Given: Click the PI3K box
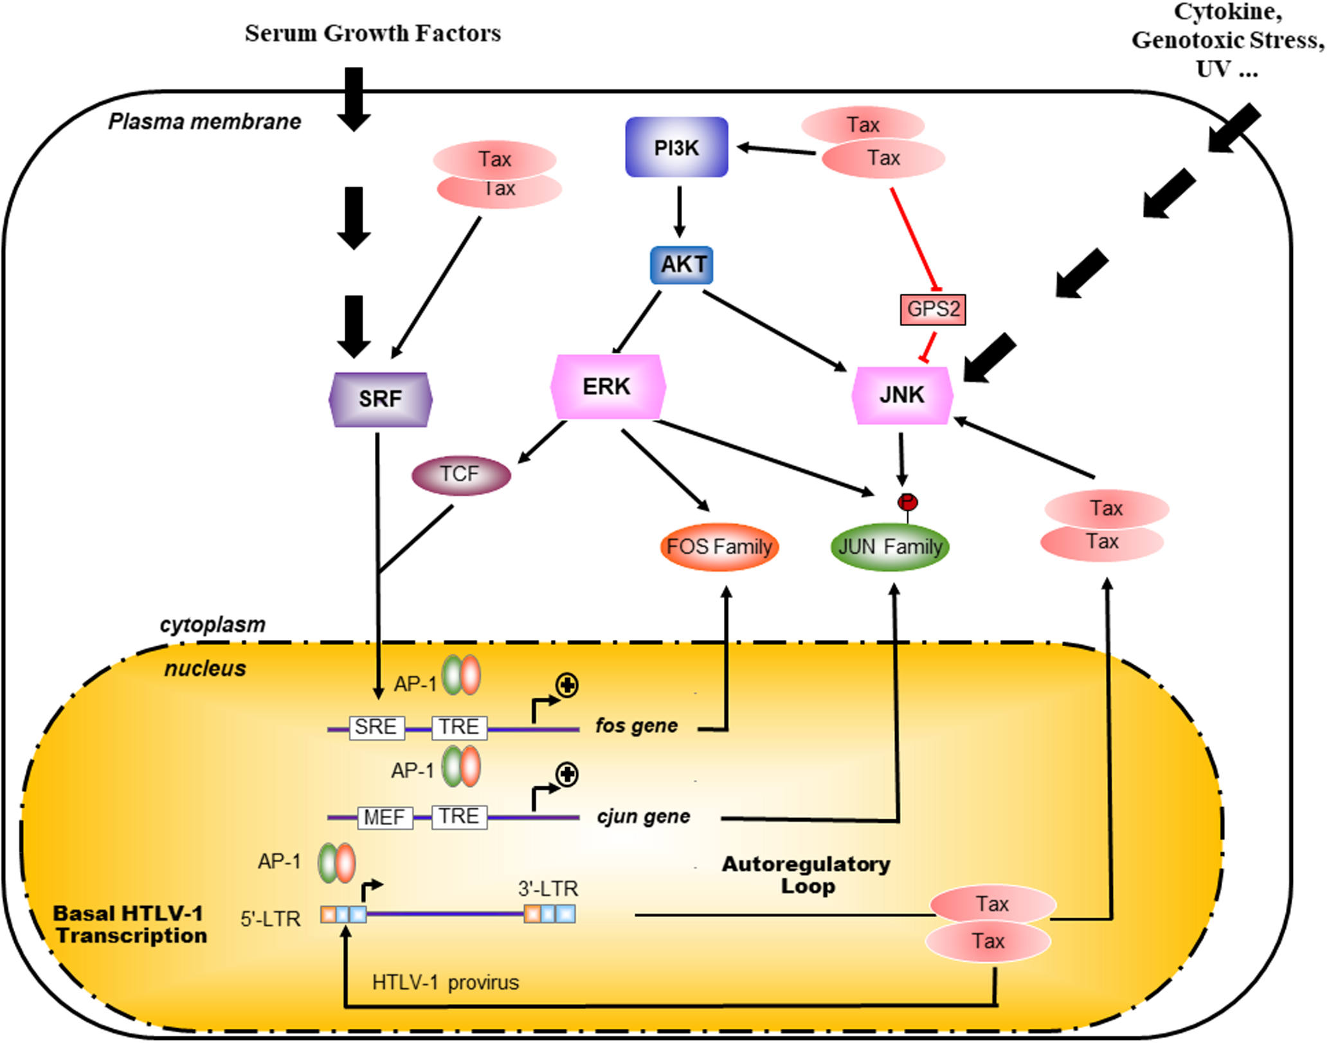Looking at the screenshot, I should coord(676,147).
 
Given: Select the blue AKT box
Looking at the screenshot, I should coord(682,264).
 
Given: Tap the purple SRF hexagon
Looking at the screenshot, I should coord(380,399).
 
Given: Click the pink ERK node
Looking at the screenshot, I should coord(608,386).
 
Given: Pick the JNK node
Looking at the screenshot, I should coord(901,394).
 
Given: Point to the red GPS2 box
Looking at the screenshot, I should coord(932,309).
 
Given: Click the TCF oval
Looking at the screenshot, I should coord(461,475).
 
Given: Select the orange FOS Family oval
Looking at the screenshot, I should coord(719,547).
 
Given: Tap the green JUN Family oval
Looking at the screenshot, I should coord(890,547).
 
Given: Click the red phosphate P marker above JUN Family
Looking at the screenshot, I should coord(907,501).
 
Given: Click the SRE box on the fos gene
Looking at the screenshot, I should coord(377,727).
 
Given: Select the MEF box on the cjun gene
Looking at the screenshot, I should coord(384,817).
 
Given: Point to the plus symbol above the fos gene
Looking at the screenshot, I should coord(567,685).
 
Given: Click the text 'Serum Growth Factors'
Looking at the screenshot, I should coord(372,33).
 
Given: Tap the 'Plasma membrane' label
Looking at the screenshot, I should coord(204,122).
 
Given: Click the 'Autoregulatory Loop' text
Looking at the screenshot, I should coord(806,875).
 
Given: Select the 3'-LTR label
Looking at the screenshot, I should coord(548,889).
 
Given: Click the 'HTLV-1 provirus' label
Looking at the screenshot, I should coord(445,983).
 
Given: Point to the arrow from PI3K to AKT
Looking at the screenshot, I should coord(679,212).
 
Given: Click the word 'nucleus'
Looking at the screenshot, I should coord(205,669).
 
